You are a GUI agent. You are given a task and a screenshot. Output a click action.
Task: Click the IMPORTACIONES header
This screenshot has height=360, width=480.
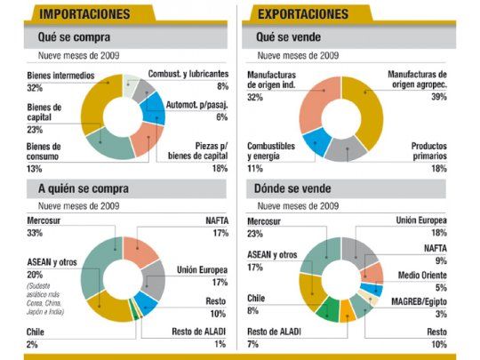point(76,13)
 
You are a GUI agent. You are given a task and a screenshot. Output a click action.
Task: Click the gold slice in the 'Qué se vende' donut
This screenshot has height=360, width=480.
point(372,111)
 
